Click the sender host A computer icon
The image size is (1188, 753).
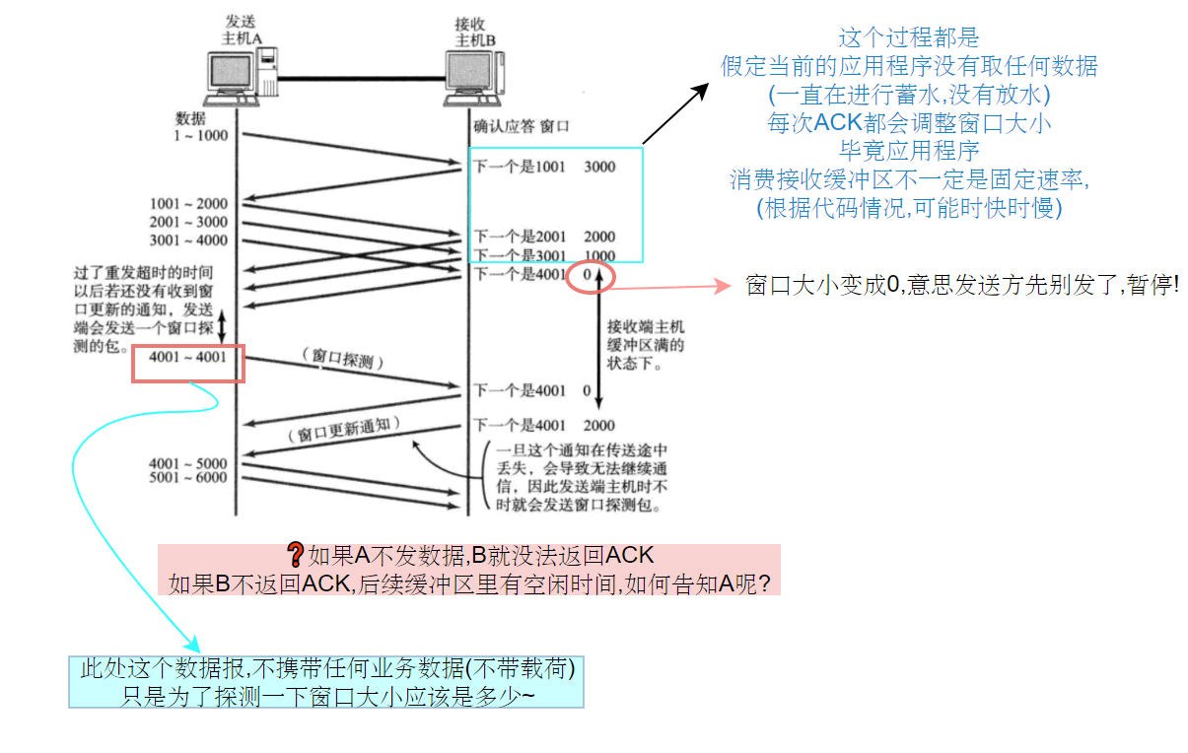pos(236,80)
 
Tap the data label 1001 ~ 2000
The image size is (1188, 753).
pos(188,205)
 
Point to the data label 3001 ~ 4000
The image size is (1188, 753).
pos(188,240)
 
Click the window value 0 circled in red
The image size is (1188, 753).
pos(587,275)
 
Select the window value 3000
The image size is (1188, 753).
pos(599,168)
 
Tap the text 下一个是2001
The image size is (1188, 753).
pos(519,237)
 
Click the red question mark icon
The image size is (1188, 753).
pos(294,555)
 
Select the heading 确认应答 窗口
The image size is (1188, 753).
pos(522,126)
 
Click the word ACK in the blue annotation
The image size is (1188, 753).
pos(834,123)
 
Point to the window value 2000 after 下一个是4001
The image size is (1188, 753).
pos(599,426)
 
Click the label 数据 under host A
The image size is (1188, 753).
pos(190,118)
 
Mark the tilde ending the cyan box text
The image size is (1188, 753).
pos(530,695)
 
